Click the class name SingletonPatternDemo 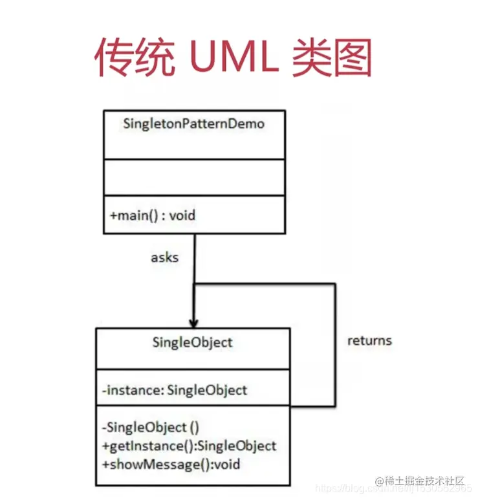pyautogui.click(x=193, y=124)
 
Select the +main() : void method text pyautogui.click(x=153, y=215)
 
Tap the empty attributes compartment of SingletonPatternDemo pyautogui.click(x=193, y=177)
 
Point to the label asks pyautogui.click(x=164, y=257)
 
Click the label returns pyautogui.click(x=369, y=340)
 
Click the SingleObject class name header pyautogui.click(x=192, y=342)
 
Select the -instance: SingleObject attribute pyautogui.click(x=174, y=389)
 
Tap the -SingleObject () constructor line pyautogui.click(x=150, y=427)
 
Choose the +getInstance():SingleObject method pyautogui.click(x=189, y=445)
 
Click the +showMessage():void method pyautogui.click(x=171, y=463)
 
